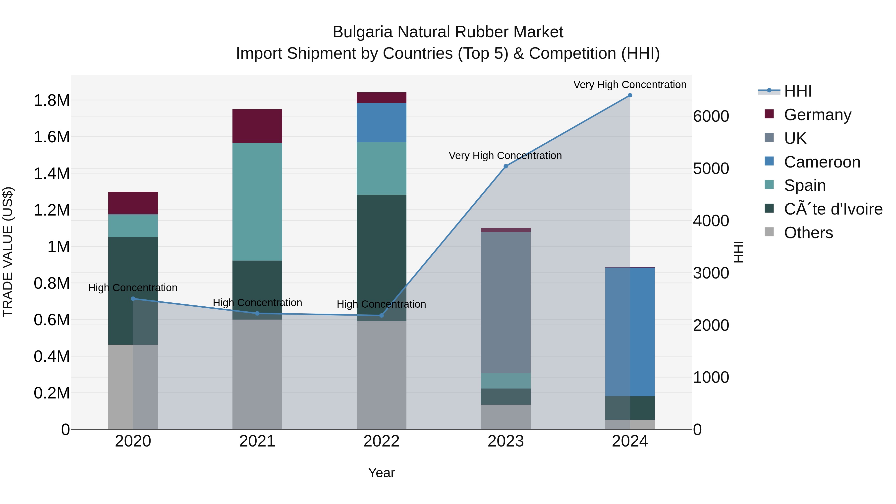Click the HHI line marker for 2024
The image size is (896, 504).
pyautogui.click(x=630, y=95)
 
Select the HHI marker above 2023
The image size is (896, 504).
pyautogui.click(x=506, y=166)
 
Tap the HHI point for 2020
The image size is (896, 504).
pyautogui.click(x=133, y=299)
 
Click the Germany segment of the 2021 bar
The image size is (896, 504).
pyautogui.click(x=257, y=126)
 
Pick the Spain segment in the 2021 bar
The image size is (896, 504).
pyautogui.click(x=257, y=202)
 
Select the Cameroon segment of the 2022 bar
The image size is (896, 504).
pyautogui.click(x=381, y=122)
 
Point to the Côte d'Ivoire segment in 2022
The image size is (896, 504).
pyautogui.click(x=381, y=257)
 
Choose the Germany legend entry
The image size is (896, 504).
pyautogui.click(x=817, y=115)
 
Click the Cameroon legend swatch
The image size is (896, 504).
pyautogui.click(x=769, y=161)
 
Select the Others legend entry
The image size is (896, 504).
pyautogui.click(x=808, y=233)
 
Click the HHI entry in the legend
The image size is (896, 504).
pyautogui.click(x=798, y=91)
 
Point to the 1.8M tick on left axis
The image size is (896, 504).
pyautogui.click(x=52, y=101)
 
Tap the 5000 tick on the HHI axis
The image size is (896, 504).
pyautogui.click(x=711, y=169)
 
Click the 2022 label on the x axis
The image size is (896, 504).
pyautogui.click(x=381, y=441)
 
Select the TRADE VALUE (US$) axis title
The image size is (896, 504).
pyautogui.click(x=8, y=252)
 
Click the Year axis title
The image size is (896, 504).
pyautogui.click(x=381, y=473)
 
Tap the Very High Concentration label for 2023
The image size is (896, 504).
pyautogui.click(x=505, y=156)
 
